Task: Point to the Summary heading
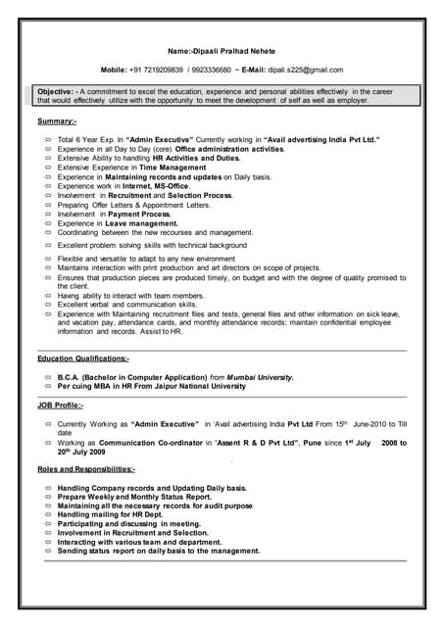57,121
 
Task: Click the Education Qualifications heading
83,359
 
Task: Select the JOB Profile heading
60,405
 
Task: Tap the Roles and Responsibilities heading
86,469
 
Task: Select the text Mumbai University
259,377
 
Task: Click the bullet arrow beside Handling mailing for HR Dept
48,514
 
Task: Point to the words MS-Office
165,186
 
